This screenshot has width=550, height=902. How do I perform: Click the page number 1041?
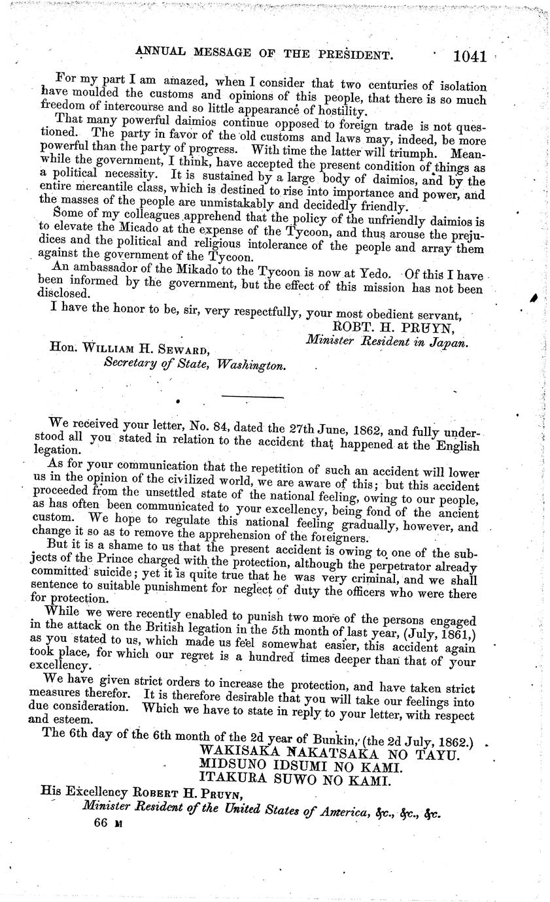pyautogui.click(x=470, y=57)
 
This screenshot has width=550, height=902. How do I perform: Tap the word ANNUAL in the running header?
pyautogui.click(x=160, y=55)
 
